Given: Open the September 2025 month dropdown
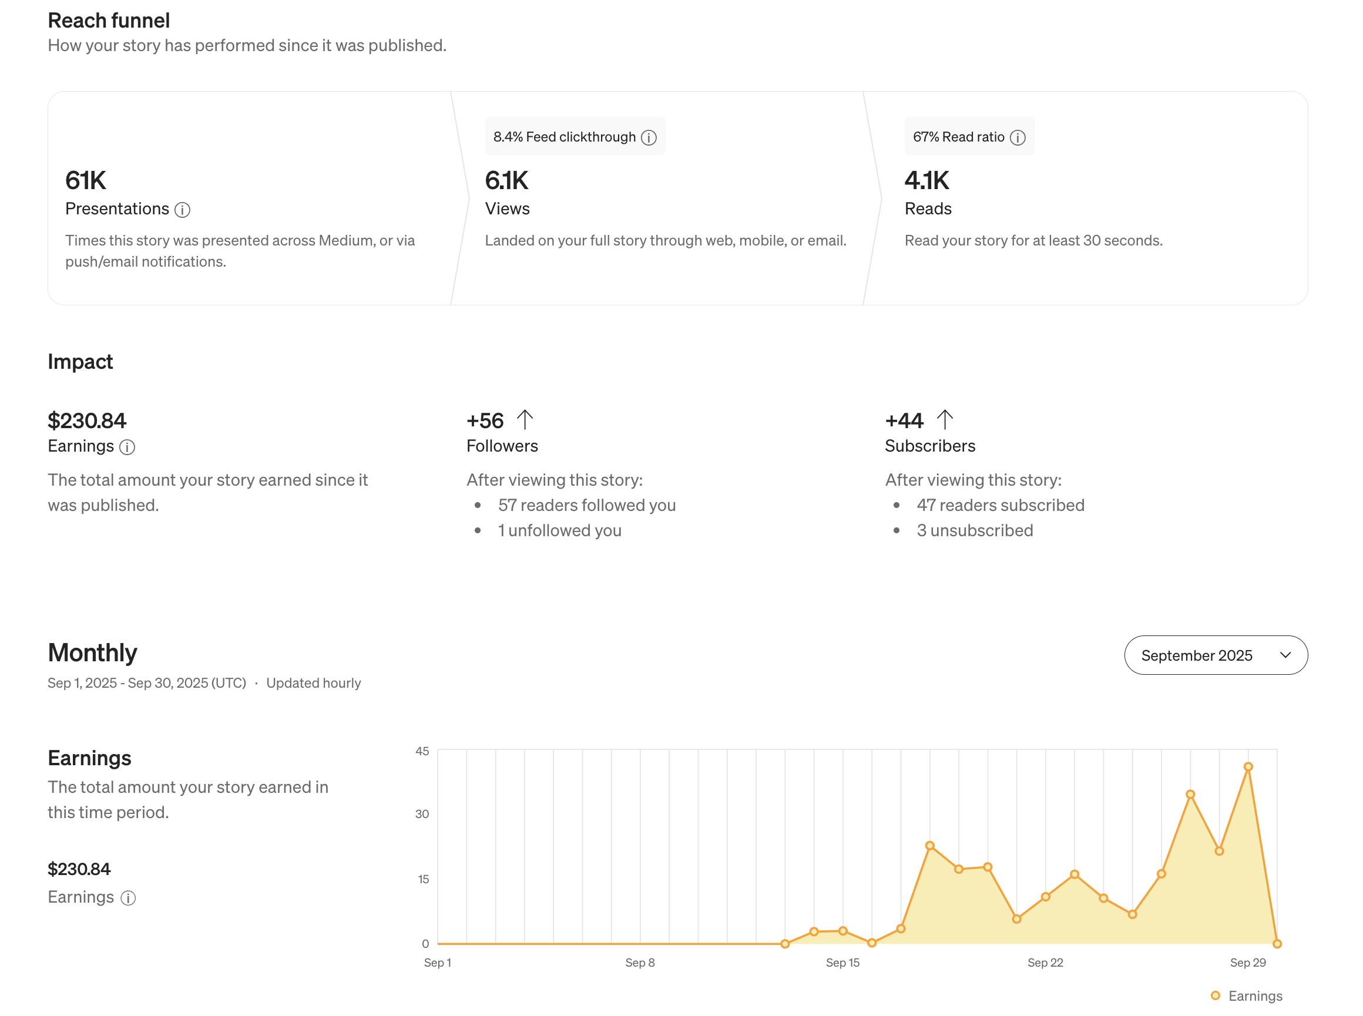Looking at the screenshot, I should [x=1215, y=655].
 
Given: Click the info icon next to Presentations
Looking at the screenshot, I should [x=182, y=210].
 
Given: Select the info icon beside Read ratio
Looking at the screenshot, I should [x=1018, y=137].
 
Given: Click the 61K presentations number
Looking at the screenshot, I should [x=86, y=181].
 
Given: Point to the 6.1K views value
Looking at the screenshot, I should [x=506, y=181].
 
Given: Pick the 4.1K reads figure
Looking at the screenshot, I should [x=926, y=181].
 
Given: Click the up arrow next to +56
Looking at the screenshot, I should [x=524, y=419].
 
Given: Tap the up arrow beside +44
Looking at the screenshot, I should [x=944, y=419].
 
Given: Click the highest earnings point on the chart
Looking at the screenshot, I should [x=1247, y=766].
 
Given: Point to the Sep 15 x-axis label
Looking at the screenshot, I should [x=842, y=962].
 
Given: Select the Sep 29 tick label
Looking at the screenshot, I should [x=1247, y=962].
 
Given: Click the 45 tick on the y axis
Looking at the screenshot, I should [x=422, y=751].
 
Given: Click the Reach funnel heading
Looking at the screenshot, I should [x=109, y=21].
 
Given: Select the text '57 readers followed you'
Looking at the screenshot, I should [x=586, y=505].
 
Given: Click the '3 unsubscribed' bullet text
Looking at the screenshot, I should [x=974, y=530].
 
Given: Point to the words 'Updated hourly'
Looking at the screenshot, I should [x=313, y=682].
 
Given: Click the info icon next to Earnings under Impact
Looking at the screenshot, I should [x=127, y=447].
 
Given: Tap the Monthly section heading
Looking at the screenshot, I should [x=92, y=652].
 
